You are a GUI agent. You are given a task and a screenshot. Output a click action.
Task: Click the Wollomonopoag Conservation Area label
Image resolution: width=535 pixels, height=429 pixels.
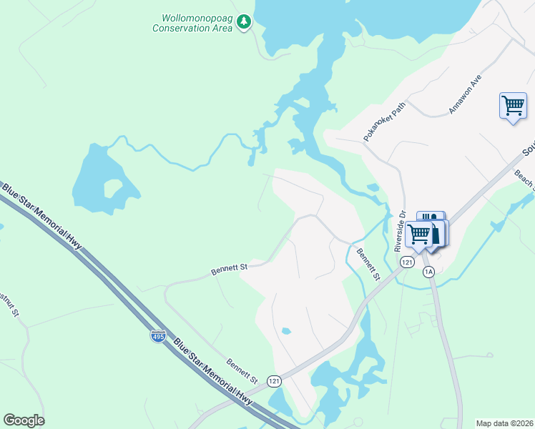(192, 23)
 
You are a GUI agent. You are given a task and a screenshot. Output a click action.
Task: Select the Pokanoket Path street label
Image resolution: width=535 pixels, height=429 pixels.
(384, 120)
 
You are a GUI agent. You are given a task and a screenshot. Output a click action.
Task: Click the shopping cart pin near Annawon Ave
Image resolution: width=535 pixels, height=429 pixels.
(513, 107)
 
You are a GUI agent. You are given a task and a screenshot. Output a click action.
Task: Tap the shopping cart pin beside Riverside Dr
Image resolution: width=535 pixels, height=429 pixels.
(419, 234)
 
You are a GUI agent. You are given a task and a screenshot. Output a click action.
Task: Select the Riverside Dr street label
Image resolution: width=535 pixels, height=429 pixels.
(400, 231)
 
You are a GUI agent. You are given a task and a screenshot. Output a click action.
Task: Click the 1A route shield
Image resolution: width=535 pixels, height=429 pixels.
(428, 272)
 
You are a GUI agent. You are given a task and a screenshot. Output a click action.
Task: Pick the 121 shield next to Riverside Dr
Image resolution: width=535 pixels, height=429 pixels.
(407, 262)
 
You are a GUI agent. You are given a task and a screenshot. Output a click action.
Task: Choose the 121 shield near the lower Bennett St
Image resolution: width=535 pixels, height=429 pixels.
(274, 381)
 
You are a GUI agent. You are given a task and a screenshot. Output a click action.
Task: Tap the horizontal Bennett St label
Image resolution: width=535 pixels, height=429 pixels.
(229, 269)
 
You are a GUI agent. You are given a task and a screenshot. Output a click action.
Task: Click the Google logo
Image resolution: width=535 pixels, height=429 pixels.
(24, 420)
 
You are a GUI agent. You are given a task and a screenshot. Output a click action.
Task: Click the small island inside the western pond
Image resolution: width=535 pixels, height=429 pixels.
(113, 189)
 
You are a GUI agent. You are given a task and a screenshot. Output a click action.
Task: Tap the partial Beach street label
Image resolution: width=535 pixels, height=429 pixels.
(524, 179)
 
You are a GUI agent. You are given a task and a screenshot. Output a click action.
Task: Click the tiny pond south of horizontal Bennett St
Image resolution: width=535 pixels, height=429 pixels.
(286, 331)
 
